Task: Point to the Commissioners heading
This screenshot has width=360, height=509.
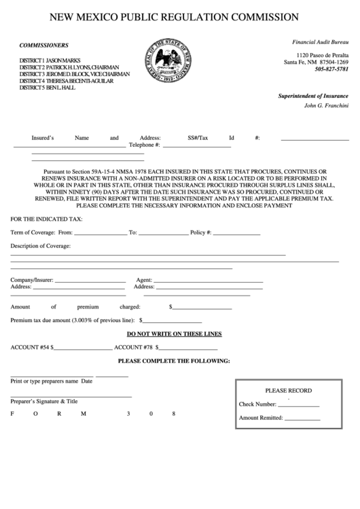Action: (x=44, y=45)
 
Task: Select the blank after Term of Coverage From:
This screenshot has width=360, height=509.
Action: (x=101, y=234)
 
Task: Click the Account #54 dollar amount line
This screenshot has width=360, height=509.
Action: (x=83, y=348)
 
